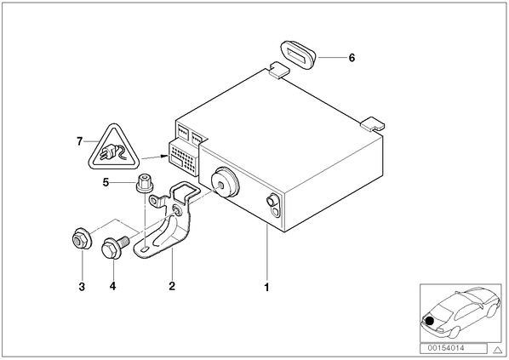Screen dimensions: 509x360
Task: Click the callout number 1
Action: [x=266, y=288]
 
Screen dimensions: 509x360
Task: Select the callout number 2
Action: [x=172, y=286]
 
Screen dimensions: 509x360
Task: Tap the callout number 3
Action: [x=82, y=287]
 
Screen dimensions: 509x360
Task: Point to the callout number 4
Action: [x=112, y=286]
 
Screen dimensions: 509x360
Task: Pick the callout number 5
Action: [x=106, y=182]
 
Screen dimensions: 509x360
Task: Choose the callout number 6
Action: [x=352, y=58]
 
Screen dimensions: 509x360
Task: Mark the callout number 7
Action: [x=79, y=141]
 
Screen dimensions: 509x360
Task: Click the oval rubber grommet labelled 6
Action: [x=297, y=54]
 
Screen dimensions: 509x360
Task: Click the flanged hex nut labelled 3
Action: [x=82, y=239]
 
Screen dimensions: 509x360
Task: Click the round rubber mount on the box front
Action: [x=225, y=183]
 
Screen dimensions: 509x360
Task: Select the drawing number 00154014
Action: [x=446, y=348]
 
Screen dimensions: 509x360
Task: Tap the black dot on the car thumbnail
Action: [x=430, y=322]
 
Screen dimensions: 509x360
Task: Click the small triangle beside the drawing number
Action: [x=497, y=350]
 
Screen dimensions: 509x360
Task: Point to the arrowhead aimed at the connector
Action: [x=163, y=157]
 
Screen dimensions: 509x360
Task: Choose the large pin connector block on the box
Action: [x=184, y=158]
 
